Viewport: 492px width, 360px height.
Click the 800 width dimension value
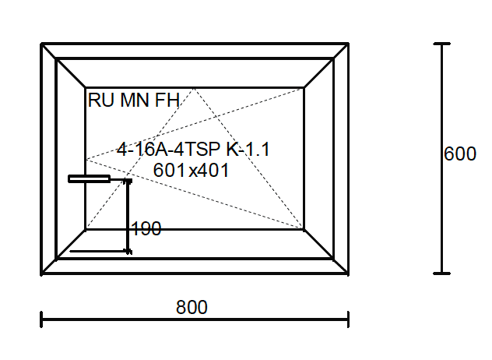click(x=192, y=308)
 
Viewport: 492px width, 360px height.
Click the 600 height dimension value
click(x=460, y=154)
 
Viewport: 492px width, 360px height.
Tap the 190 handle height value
click(x=146, y=229)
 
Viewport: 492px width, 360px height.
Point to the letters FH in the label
click(x=167, y=101)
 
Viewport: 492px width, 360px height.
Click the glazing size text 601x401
click(x=192, y=170)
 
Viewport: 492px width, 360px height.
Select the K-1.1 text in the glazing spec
click(x=248, y=150)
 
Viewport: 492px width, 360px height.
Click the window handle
click(x=90, y=179)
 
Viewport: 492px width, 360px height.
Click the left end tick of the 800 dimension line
click(x=41, y=319)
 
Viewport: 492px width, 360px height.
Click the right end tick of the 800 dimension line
click(x=348, y=319)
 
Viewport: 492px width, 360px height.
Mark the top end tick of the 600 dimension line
click(x=442, y=44)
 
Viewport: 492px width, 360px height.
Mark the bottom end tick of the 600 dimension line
click(x=442, y=274)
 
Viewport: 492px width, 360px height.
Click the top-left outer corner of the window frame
click(x=42, y=44)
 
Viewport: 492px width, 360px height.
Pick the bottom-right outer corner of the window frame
click(x=347, y=274)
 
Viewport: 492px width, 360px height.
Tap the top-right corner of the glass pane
click(x=304, y=88)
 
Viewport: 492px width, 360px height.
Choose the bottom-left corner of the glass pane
click(x=86, y=229)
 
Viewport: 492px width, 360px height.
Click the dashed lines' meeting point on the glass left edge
click(x=86, y=159)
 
